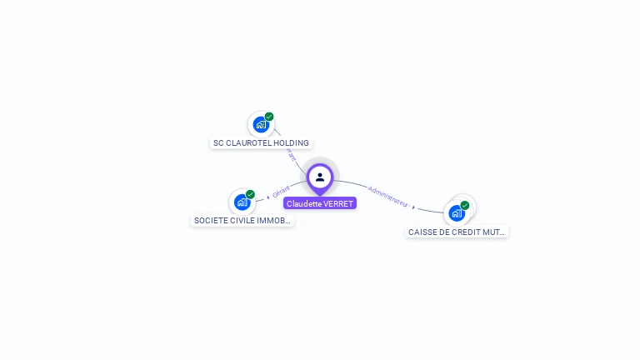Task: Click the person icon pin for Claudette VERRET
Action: (x=320, y=177)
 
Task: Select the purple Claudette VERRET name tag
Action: (x=320, y=203)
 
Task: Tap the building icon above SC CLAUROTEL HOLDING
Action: (x=261, y=125)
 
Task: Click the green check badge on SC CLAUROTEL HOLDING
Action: (x=269, y=117)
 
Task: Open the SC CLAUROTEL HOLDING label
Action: (x=261, y=143)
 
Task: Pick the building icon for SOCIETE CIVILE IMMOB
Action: (x=242, y=202)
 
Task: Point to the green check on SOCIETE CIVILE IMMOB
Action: (x=250, y=194)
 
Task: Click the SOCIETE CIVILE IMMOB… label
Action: (x=242, y=221)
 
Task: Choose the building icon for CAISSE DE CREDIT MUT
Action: (x=457, y=213)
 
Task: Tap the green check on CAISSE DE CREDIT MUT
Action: (x=465, y=205)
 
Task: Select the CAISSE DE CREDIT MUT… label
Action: (x=457, y=232)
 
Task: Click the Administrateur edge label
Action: (x=387, y=195)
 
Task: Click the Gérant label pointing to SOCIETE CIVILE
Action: (x=281, y=191)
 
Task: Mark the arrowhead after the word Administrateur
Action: (x=413, y=206)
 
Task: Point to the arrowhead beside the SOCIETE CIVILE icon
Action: (x=267, y=197)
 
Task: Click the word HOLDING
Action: (x=291, y=143)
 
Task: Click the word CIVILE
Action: (x=241, y=221)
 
